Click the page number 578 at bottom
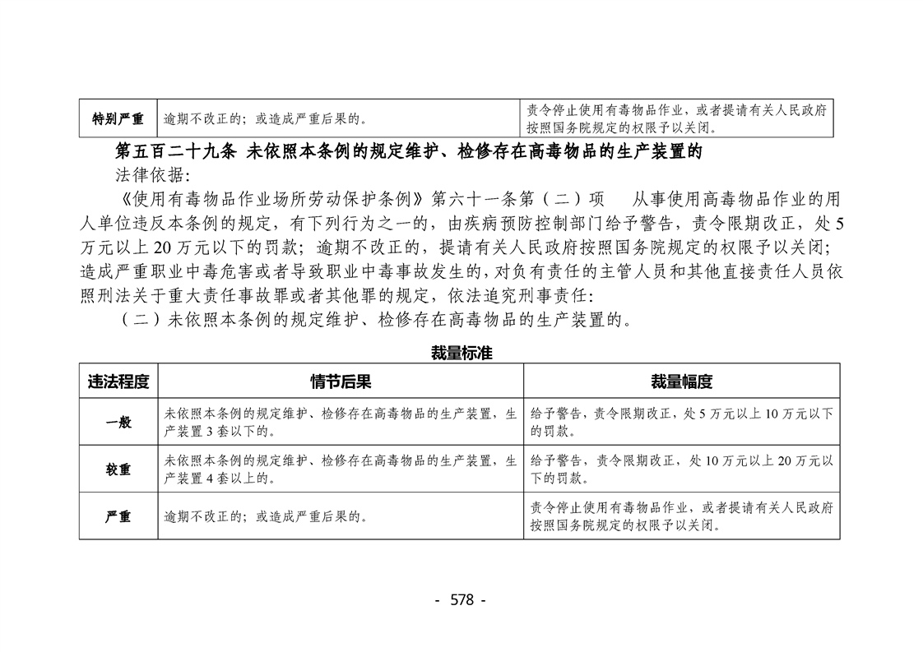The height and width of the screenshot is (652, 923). tap(461, 600)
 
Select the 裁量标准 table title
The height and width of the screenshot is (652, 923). tap(461, 353)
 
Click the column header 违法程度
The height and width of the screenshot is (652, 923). tap(118, 381)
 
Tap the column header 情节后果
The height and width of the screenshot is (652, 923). tap(341, 381)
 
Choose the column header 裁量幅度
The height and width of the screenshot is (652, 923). tap(681, 381)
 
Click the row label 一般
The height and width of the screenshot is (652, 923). tap(118, 422)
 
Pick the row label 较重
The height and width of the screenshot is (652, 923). tap(118, 469)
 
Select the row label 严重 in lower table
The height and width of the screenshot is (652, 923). tap(118, 516)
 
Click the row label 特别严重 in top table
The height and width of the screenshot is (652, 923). tap(118, 118)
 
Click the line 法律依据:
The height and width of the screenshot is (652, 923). tap(153, 175)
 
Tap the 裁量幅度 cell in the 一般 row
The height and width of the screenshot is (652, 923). tap(681, 422)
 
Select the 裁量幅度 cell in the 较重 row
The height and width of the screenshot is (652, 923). tap(681, 469)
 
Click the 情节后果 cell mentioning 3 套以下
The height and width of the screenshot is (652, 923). tap(341, 422)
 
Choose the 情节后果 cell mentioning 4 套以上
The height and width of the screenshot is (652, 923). tap(341, 469)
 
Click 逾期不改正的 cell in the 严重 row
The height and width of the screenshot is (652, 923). tap(264, 517)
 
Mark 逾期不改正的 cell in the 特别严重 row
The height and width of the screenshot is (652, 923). tap(264, 119)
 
